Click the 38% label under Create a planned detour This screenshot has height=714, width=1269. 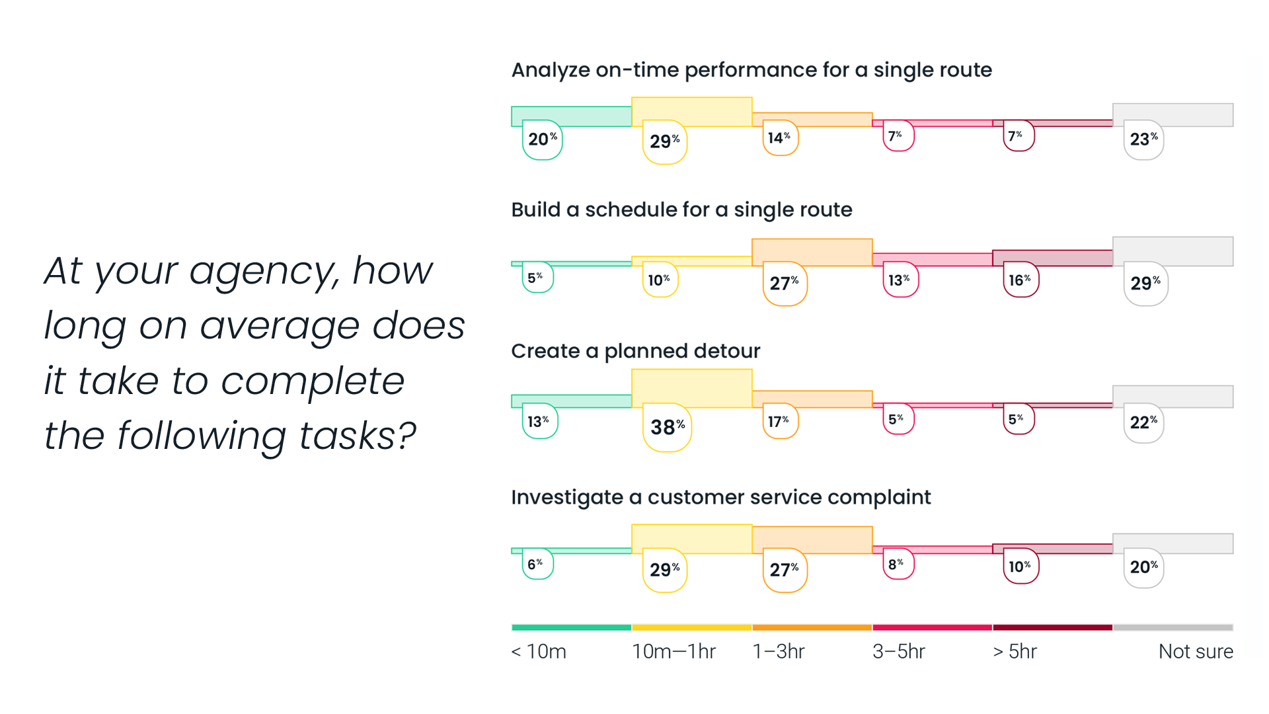point(667,427)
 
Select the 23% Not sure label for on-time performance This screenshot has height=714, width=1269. point(1143,139)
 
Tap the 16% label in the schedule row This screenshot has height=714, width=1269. point(1020,280)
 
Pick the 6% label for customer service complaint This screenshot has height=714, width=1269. point(537,564)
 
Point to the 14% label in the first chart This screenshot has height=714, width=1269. point(780,138)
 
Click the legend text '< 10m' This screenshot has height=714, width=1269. point(539,652)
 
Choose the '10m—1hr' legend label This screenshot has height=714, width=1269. point(673,652)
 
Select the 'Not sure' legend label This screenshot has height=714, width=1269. point(1196,652)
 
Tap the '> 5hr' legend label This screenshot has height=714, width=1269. point(1015,652)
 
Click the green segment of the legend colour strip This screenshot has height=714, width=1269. point(572,627)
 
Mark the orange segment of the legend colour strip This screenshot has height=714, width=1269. point(812,627)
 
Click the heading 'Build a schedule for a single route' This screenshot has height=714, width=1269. point(681,210)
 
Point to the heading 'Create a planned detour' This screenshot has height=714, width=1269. point(636,351)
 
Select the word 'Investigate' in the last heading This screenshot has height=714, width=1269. point(567,497)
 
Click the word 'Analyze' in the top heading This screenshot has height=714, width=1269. point(551,70)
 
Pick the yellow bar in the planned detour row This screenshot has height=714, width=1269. point(692,388)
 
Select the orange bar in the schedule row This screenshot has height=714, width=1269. point(812,253)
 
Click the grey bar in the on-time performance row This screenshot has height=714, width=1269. point(1173,114)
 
